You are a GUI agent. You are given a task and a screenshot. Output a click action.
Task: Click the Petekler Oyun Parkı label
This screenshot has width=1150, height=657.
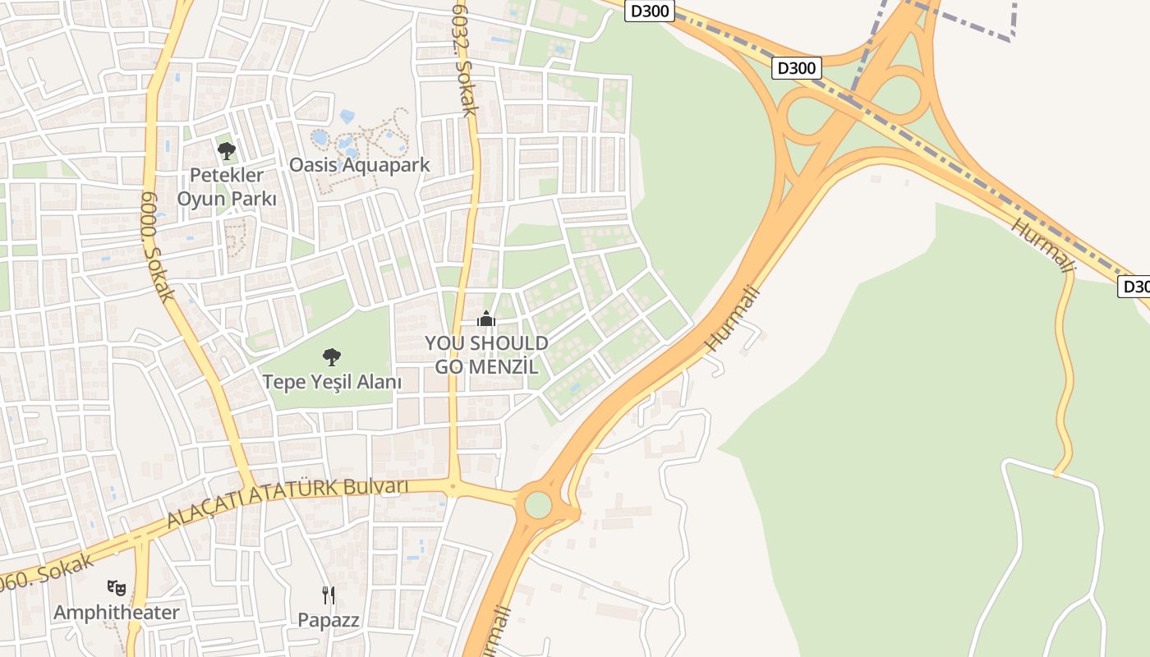coord(227,186)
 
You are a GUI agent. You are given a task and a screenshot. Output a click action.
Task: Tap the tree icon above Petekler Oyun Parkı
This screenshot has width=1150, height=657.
coord(227,151)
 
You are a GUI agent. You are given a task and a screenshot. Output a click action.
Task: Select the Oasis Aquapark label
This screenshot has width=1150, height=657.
coord(359,164)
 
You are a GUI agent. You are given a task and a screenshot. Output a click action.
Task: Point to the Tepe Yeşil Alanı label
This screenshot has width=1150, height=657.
coord(332,382)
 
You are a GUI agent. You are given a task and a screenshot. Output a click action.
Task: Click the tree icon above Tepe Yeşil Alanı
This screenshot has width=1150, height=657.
coord(332,356)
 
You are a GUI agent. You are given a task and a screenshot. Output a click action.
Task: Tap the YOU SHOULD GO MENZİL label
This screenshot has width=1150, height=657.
coord(486,355)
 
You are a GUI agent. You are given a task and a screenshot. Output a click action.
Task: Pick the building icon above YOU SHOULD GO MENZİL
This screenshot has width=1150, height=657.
coord(486,319)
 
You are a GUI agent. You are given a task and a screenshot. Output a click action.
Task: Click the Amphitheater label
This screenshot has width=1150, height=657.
coord(116,613)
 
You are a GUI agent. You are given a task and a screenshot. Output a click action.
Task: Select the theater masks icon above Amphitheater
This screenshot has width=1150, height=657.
coord(116,587)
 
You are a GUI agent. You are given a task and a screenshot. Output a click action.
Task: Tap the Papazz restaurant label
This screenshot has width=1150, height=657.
coord(329,620)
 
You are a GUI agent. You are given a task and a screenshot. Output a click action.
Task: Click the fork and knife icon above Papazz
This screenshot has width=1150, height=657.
coord(329,595)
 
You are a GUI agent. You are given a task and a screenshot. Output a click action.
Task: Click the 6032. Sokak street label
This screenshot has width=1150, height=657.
coord(464,57)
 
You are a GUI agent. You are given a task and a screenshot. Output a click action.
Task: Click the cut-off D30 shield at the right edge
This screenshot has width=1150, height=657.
coord(1134,287)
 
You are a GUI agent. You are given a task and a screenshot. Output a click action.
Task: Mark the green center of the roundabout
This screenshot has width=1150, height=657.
coord(538,504)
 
